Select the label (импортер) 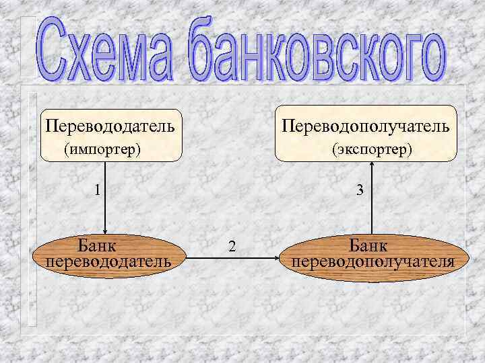click(102, 148)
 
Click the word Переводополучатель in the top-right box click(366, 126)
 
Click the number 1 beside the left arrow click(98, 190)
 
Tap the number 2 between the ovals click(232, 247)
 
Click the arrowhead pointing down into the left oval click(105, 229)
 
